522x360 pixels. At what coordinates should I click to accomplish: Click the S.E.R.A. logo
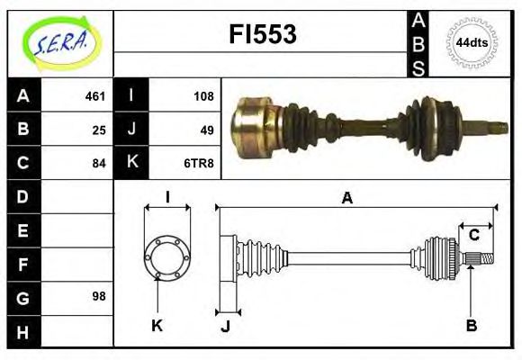[x=60, y=42]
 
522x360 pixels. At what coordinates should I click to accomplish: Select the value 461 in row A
[x=95, y=96]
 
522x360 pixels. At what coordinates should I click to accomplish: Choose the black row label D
[x=22, y=196]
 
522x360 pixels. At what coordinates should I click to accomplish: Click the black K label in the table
[x=131, y=163]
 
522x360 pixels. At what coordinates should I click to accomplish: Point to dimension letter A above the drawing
[x=346, y=199]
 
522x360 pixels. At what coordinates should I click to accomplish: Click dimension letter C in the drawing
[x=472, y=236]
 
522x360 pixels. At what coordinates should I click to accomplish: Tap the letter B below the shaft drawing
[x=471, y=326]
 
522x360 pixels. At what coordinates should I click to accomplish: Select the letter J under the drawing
[x=225, y=326]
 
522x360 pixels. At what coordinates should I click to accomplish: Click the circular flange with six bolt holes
[x=167, y=256]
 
